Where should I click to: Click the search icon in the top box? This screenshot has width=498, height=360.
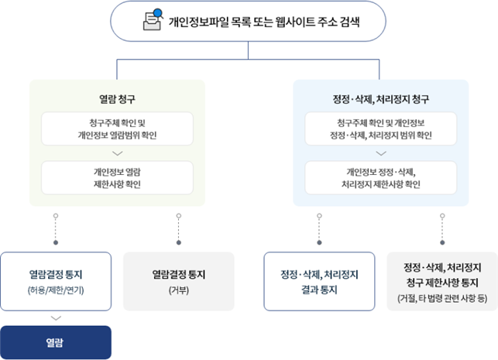point(152,20)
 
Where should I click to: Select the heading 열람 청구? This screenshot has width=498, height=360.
point(117,98)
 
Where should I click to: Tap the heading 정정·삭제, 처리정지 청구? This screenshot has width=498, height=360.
point(380,98)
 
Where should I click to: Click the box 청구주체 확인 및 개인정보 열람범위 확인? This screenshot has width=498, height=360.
point(117,129)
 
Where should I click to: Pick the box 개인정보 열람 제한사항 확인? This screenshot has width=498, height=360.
point(117,177)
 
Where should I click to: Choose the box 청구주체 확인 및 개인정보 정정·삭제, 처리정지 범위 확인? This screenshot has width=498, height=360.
point(380,129)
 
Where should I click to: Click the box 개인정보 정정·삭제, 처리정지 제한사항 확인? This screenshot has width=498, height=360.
point(380,177)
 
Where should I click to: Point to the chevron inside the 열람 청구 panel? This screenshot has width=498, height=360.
point(117,153)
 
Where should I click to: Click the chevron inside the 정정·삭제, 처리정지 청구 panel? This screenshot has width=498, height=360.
point(380,153)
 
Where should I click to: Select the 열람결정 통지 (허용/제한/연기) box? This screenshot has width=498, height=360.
point(56,281)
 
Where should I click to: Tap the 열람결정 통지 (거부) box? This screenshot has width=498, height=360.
point(179,281)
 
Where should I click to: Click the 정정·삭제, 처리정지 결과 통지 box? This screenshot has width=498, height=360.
point(319,281)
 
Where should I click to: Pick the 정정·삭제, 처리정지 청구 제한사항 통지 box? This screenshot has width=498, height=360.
point(442,281)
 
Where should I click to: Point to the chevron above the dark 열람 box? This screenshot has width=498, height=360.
point(56,317)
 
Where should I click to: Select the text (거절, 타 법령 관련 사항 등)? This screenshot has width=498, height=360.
point(442,298)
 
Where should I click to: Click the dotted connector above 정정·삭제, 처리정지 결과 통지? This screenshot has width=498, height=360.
point(319,229)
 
